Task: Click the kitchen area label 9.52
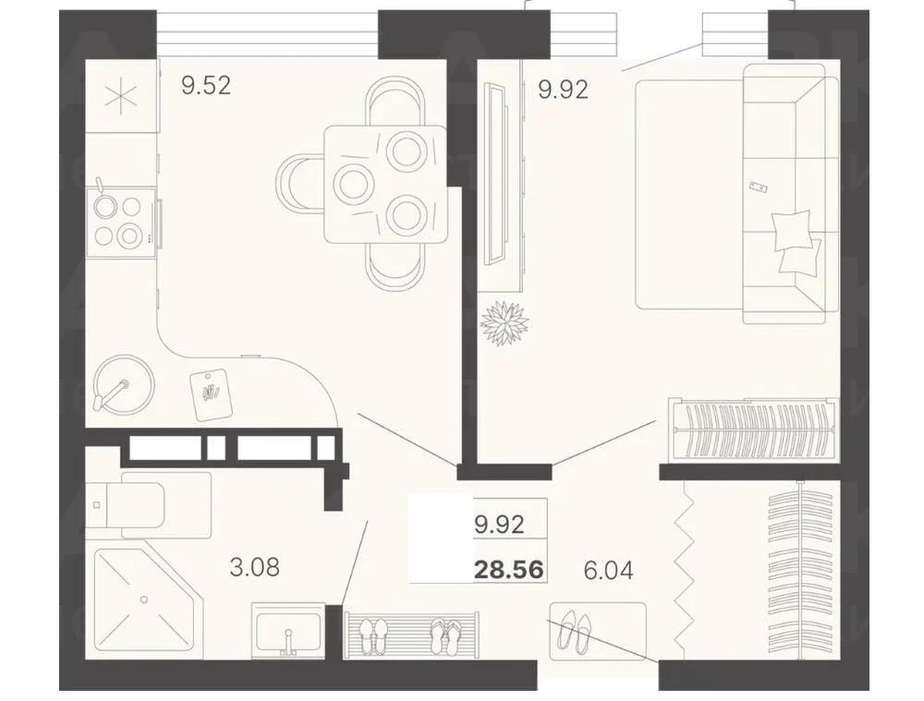[x=206, y=86]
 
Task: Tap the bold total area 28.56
[x=509, y=570]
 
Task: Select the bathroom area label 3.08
[x=255, y=567]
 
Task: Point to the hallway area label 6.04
[x=608, y=570]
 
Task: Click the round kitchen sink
[x=125, y=384]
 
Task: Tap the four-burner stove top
[x=121, y=222]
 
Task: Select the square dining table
[x=384, y=184]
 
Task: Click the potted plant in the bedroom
[x=505, y=323]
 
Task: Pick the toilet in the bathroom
[x=148, y=505]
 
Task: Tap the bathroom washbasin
[x=288, y=630]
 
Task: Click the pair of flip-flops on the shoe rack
[x=446, y=635]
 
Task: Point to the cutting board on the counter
[x=211, y=394]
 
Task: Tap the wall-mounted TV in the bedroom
[x=494, y=175]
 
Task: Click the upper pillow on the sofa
[x=791, y=231]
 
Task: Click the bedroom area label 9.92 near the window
[x=564, y=90]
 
